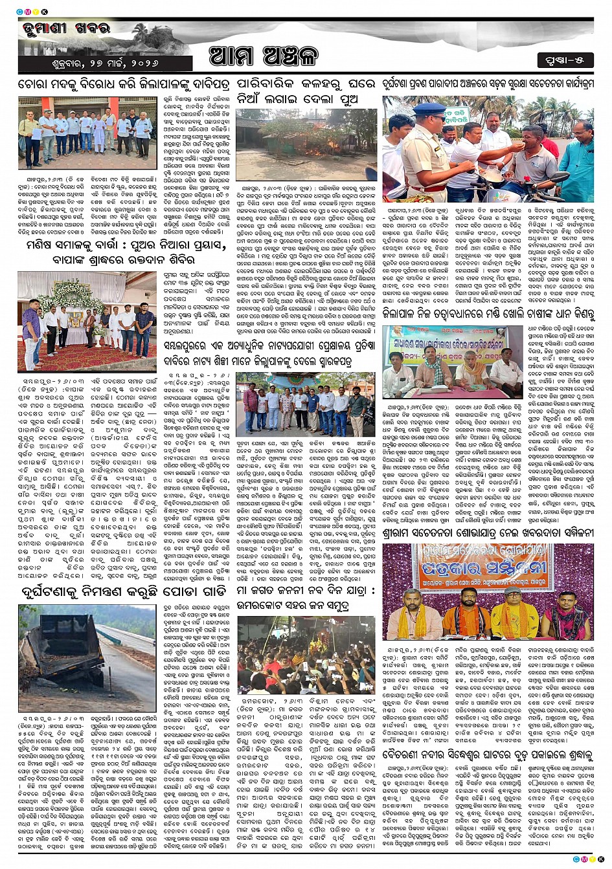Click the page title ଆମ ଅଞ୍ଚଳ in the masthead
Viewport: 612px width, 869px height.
(x=264, y=56)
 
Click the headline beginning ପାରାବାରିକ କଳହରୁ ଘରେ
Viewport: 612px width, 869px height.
(x=305, y=92)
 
